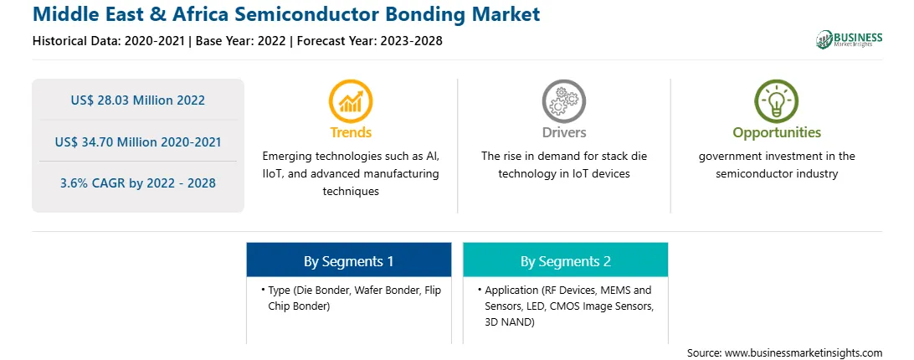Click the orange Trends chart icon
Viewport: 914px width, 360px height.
tap(351, 101)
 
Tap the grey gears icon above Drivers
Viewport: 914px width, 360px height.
tap(563, 101)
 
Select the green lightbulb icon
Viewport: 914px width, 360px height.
tap(777, 101)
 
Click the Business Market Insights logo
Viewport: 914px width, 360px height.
tap(849, 39)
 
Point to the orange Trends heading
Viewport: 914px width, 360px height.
tap(351, 132)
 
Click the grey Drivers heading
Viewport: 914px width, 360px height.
tap(564, 132)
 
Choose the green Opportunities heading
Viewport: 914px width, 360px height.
tap(777, 133)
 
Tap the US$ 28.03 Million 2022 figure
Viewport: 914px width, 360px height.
tap(138, 100)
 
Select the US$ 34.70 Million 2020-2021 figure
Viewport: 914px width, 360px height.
tap(138, 141)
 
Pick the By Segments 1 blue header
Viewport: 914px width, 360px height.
tap(348, 261)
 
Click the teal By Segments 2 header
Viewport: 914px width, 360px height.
tap(566, 261)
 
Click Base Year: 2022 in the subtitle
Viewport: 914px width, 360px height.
tap(240, 41)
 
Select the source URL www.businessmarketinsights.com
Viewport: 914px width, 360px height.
tap(804, 353)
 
